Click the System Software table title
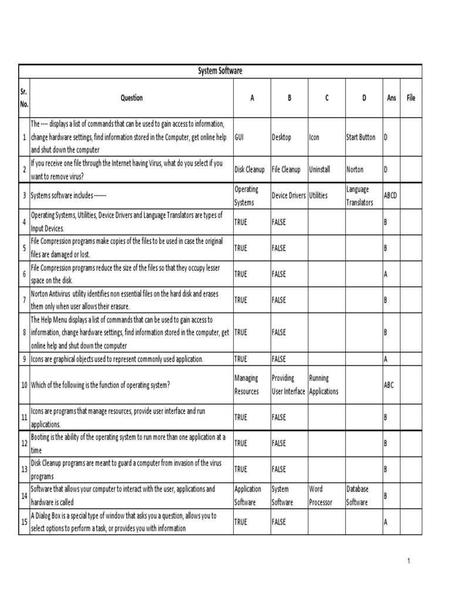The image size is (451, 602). coord(220,71)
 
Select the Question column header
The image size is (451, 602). coord(132,98)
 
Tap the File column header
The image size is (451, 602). coord(410,98)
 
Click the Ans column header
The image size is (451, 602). coord(392,98)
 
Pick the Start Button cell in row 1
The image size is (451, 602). coord(361,138)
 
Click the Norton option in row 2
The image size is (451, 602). coord(355,169)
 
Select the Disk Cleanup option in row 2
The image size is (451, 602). coord(250,169)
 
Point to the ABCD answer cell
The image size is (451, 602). coord(391,195)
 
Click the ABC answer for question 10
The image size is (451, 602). coord(389,385)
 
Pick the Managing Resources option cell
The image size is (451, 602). coord(247,385)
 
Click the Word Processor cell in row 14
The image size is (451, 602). coord(321,496)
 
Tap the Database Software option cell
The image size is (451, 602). coord(358,496)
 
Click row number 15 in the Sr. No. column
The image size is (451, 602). coord(24,522)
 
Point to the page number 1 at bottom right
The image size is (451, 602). coord(408,561)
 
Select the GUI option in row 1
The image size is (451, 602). coord(239,138)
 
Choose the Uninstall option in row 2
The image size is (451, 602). coord(319,169)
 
